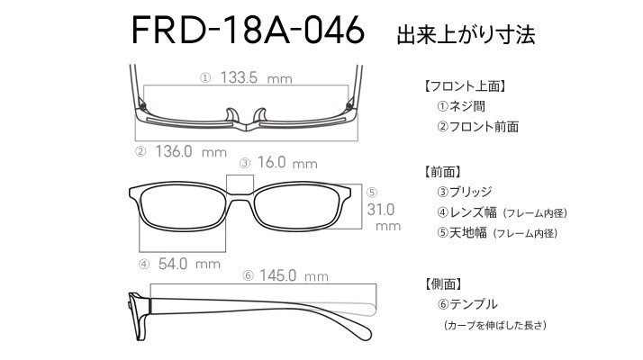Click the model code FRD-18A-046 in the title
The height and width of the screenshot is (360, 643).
(248, 30)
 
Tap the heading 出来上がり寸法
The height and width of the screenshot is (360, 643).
(466, 34)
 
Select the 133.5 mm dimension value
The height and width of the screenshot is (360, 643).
(257, 77)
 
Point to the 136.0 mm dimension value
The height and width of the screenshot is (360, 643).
(191, 152)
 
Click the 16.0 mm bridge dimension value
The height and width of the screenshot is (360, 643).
(287, 162)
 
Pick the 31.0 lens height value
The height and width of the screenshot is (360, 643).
(381, 210)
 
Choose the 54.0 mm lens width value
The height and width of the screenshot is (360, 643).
(189, 264)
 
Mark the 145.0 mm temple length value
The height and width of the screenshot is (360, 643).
(294, 275)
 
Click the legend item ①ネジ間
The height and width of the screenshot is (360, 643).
(461, 106)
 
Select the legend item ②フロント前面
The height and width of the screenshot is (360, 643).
(477, 126)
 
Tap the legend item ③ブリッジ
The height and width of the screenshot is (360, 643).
(464, 192)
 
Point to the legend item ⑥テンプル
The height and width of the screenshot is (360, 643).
(467, 304)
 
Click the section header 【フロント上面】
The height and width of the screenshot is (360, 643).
(465, 86)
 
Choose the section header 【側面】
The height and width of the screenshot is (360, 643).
(443, 283)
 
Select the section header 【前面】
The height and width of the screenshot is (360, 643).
(442, 172)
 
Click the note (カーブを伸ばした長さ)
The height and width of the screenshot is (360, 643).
(495, 325)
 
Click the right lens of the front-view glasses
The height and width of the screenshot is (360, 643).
(297, 207)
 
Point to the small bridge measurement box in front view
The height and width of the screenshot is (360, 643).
(240, 184)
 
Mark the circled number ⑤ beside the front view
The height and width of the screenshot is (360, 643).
(372, 193)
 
